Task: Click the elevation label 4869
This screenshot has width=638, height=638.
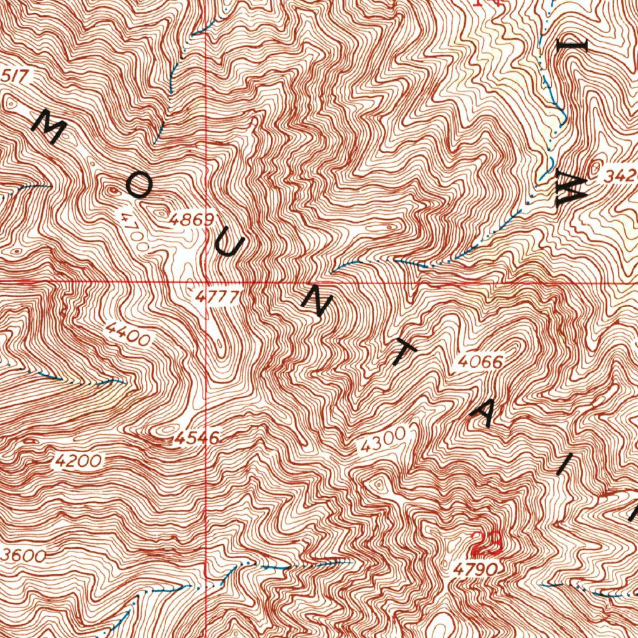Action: (x=191, y=220)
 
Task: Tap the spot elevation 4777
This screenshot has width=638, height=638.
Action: (x=216, y=298)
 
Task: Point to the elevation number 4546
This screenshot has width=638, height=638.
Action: (x=196, y=439)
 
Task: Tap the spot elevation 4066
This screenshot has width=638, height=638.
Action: (x=480, y=361)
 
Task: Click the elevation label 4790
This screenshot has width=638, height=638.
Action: (x=475, y=569)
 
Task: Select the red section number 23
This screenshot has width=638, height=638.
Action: (x=486, y=544)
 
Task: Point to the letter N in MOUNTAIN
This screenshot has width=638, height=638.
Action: (x=317, y=303)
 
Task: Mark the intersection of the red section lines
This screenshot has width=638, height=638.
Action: (x=206, y=281)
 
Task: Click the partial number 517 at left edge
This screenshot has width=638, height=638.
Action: (x=15, y=76)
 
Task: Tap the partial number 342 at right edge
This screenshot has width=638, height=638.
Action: (x=620, y=178)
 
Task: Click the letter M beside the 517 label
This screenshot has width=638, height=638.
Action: (x=49, y=126)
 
